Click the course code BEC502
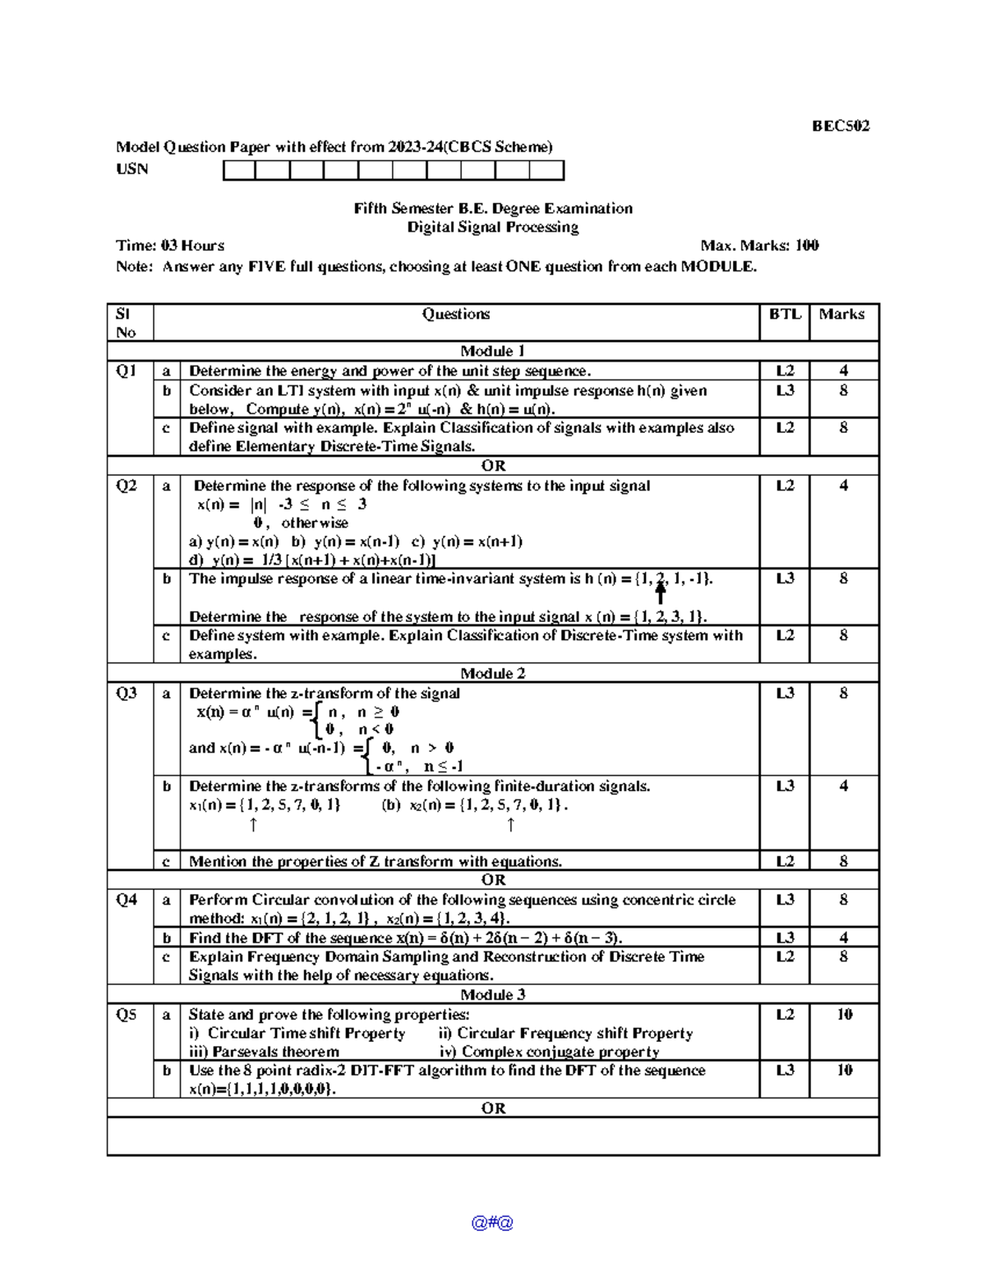click(x=840, y=126)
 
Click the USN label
click(x=131, y=169)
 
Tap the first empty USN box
click(x=239, y=170)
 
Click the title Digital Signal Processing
click(x=493, y=228)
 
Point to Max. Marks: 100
click(x=759, y=246)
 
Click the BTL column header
click(x=784, y=314)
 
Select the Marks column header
click(x=841, y=314)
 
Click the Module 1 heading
click(x=493, y=351)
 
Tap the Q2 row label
click(x=127, y=486)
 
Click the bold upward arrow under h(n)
click(x=660, y=593)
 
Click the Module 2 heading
click(x=493, y=673)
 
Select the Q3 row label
click(x=127, y=693)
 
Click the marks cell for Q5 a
click(x=844, y=1015)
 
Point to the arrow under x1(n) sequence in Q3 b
click(x=253, y=824)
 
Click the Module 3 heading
click(x=493, y=994)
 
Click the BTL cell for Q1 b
click(x=785, y=391)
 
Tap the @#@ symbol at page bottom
click(x=492, y=1222)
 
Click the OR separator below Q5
click(x=493, y=1108)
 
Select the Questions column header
click(x=456, y=314)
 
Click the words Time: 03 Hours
click(x=170, y=246)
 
